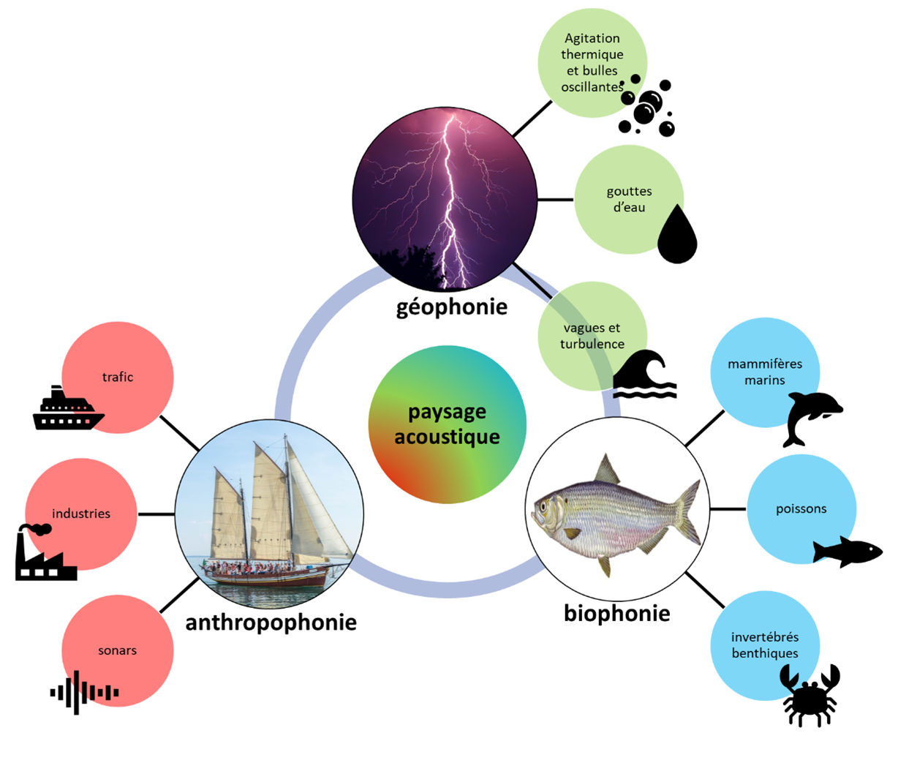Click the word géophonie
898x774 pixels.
coord(452,308)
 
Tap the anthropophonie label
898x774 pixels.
coord(271,623)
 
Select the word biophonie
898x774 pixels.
coord(617,614)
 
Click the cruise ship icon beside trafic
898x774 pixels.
coord(68,407)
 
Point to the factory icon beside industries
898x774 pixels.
coord(45,552)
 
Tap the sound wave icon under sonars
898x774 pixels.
coord(84,692)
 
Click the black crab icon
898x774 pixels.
coord(810,695)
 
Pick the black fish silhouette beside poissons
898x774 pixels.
coord(848,552)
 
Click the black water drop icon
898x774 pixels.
coord(677,234)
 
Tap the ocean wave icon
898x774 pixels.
coord(645,374)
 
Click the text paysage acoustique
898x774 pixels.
coord(447,424)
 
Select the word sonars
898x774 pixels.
coord(117,650)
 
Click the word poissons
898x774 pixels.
coord(801,509)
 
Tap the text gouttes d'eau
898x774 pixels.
coord(629,200)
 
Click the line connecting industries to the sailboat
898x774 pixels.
coord(156,514)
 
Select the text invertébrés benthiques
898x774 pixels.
coord(765,645)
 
